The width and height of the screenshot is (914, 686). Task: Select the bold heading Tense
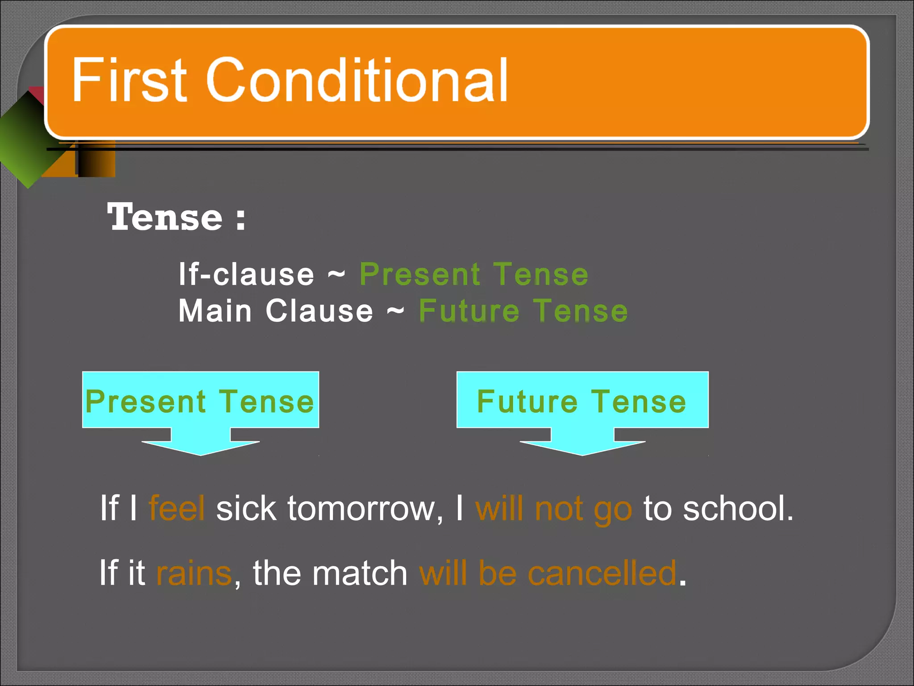165,218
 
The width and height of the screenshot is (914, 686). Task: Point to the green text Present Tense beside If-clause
474,274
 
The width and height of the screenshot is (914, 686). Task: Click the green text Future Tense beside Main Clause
523,311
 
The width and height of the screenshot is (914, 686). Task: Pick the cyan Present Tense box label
200,401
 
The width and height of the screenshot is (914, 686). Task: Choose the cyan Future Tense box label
582,401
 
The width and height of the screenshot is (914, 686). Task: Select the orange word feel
177,508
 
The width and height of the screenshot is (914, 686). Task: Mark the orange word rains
194,573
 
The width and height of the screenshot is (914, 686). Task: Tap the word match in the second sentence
360,573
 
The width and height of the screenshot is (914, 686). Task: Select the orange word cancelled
602,573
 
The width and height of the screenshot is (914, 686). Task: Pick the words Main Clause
276,311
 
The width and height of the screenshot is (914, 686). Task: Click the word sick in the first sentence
246,508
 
